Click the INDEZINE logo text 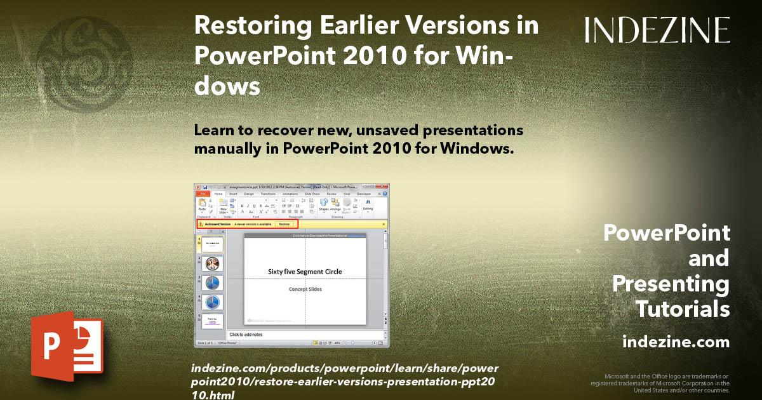(x=657, y=30)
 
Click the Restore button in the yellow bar (x=284, y=224)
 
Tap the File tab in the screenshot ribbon (x=202, y=194)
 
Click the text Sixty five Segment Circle (x=305, y=272)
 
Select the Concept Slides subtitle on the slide (x=305, y=289)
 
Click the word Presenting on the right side (x=671, y=284)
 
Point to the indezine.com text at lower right (x=676, y=342)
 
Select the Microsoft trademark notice (x=660, y=383)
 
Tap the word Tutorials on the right (x=683, y=309)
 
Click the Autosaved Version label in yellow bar (x=217, y=224)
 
